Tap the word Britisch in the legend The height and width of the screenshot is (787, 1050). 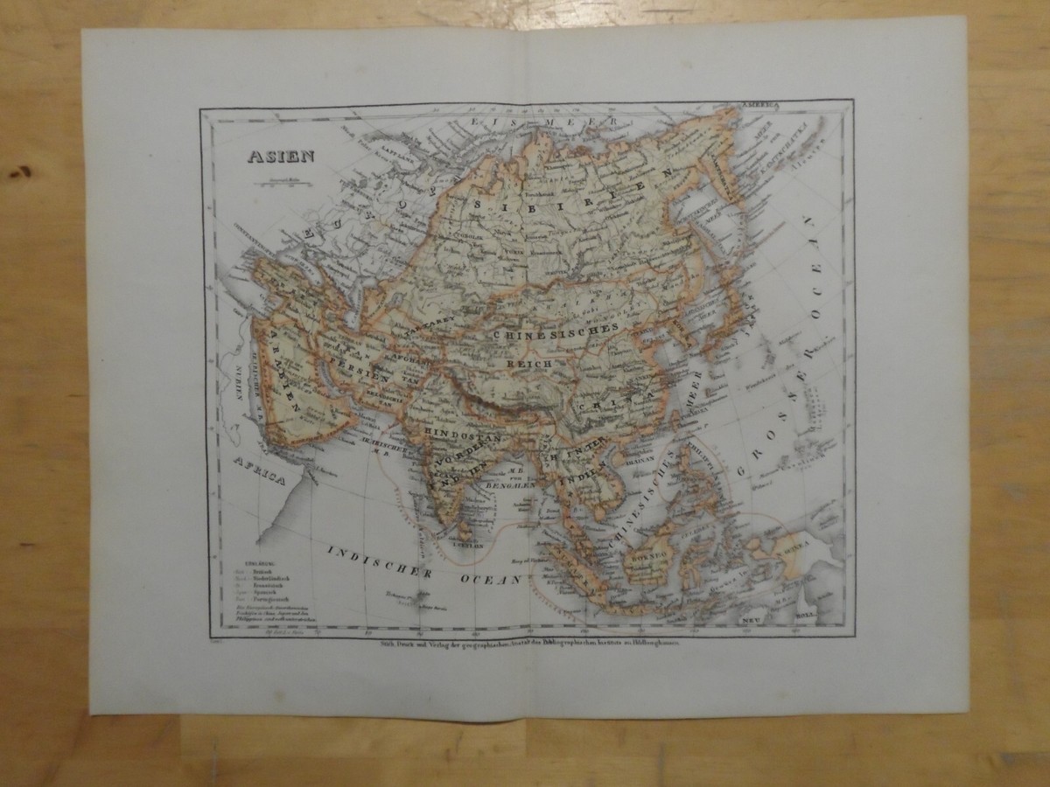point(262,568)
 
